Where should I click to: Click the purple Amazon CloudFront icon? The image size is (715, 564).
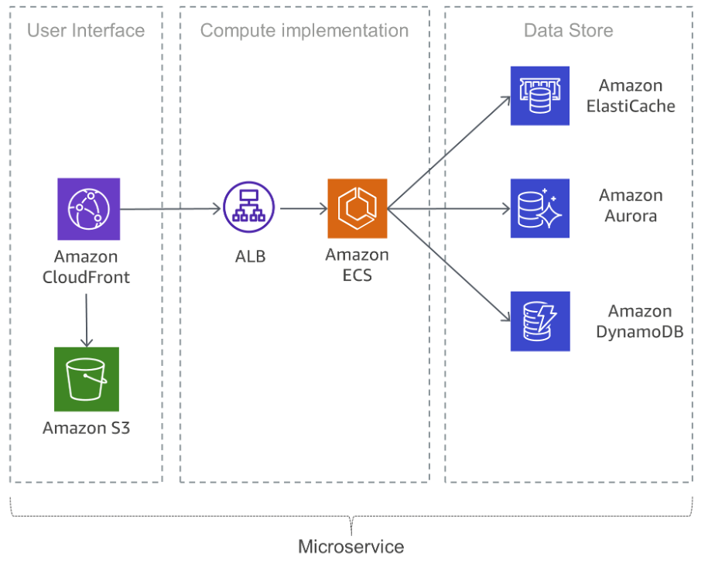88,209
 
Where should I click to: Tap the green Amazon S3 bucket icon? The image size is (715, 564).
86,379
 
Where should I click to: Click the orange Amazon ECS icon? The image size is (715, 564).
357,208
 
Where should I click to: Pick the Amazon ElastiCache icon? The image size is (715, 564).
539,96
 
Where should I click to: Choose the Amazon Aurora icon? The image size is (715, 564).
539,208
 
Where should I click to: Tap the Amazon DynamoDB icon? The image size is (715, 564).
539,321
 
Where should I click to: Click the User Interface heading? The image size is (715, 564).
86,31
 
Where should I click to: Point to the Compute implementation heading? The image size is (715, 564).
304,31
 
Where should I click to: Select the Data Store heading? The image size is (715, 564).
568,31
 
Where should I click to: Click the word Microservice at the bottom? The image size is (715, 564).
351,547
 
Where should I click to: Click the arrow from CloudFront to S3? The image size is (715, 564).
87,317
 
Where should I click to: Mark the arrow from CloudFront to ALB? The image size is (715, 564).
170,209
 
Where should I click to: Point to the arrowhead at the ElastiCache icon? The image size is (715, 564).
505,99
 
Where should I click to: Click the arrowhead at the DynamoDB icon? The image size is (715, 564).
505,318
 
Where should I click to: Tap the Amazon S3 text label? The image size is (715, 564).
86,428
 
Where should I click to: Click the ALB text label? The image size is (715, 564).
250,257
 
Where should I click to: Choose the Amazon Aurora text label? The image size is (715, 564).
630,206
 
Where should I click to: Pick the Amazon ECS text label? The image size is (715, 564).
357,265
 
